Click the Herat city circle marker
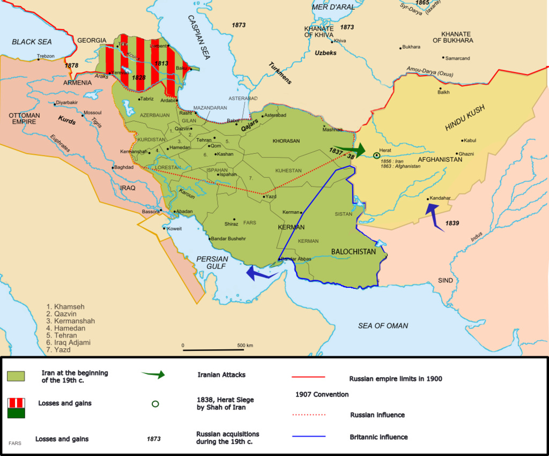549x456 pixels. (x=376, y=155)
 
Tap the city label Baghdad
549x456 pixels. (x=125, y=168)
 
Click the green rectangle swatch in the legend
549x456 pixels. (x=16, y=376)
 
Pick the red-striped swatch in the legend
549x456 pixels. (x=16, y=408)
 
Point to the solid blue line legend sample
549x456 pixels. (x=309, y=437)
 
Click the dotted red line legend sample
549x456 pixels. (x=309, y=415)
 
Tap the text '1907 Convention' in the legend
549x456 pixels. (x=322, y=394)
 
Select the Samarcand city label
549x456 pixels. (x=457, y=58)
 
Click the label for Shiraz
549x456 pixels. (x=231, y=223)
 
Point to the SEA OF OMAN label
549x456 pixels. (x=383, y=325)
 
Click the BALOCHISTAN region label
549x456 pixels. (x=353, y=251)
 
